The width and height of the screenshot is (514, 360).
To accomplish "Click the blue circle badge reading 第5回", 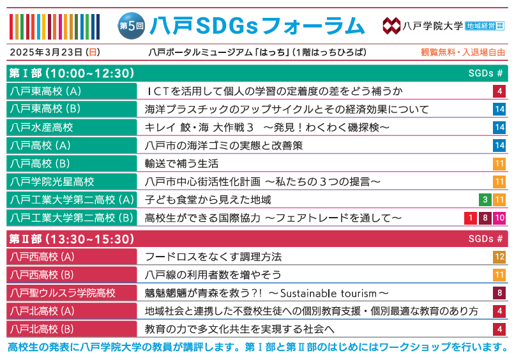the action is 132,26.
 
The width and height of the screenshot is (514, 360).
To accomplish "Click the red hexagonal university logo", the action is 391,26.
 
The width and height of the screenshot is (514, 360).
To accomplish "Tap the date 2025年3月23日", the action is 46,52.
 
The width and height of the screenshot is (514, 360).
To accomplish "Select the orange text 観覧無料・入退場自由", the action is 463,52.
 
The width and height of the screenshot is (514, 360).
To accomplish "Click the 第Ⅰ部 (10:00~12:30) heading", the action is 72,73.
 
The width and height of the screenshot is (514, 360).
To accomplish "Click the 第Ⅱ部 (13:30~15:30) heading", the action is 72,239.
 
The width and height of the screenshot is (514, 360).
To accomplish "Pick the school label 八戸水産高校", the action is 42,128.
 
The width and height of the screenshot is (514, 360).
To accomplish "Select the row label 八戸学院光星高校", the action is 52,181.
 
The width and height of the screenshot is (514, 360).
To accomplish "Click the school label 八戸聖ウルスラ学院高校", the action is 63,293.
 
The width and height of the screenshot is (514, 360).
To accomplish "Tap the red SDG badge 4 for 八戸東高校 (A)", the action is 499,91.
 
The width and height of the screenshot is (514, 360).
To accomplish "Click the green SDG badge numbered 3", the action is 485,200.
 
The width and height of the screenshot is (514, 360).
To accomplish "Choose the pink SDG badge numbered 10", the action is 499,218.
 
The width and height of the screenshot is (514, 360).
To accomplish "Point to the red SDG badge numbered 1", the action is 471,218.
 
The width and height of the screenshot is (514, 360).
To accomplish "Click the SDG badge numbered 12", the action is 499,257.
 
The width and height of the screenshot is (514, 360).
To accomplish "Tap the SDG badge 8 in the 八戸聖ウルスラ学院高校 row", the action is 499,293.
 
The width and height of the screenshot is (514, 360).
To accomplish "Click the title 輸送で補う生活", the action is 181,163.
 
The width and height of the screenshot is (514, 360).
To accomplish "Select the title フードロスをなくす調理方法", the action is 213,257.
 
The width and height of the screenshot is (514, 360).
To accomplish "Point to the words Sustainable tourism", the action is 328,293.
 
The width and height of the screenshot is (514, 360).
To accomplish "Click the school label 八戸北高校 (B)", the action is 42,329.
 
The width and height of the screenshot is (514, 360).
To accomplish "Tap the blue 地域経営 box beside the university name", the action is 481,26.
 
